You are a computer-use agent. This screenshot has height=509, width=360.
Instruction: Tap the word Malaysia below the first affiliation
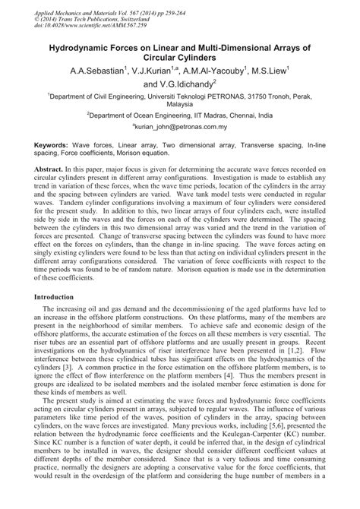click(x=180, y=106)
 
